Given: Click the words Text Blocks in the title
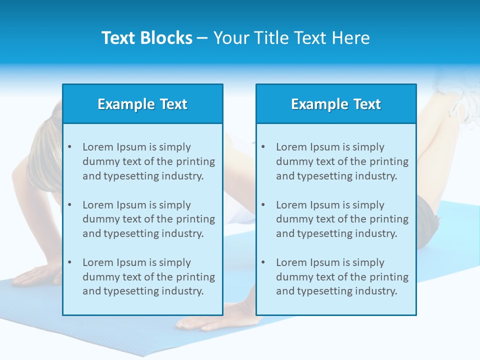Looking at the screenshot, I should coord(146,38).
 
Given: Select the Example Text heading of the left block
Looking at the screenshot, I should coord(142,104).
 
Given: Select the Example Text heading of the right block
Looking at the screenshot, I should coord(336,104).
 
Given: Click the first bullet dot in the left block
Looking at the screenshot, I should coord(69,147).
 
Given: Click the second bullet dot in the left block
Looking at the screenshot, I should coord(69,205).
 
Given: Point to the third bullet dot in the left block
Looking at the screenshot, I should coord(69,262).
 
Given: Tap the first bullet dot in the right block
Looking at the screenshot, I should coord(263,147).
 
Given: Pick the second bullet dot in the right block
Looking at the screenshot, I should coord(263,205).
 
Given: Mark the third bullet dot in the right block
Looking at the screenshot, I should coord(263,262).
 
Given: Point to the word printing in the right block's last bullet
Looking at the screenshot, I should coord(389,277).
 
